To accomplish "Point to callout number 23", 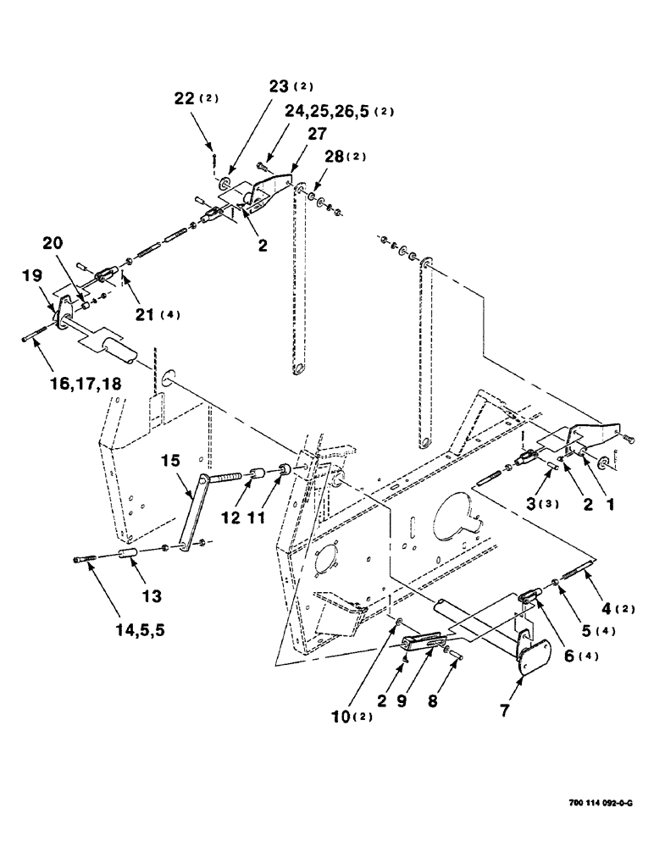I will (x=279, y=86).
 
